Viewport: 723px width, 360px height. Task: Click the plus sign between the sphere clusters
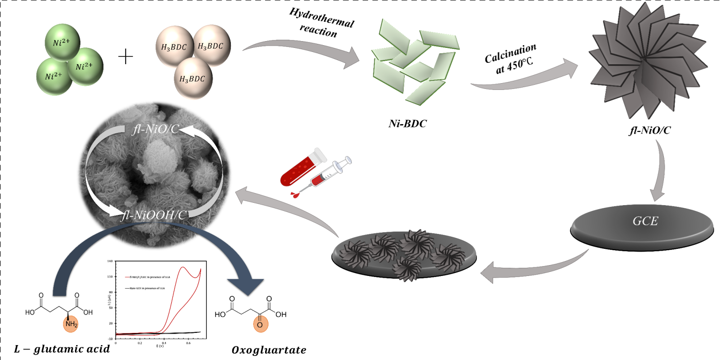pyautogui.click(x=126, y=56)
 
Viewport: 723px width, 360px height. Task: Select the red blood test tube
pyautogui.click(x=302, y=168)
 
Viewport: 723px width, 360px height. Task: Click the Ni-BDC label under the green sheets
pyautogui.click(x=407, y=124)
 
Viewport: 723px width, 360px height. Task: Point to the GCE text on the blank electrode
pyautogui.click(x=645, y=221)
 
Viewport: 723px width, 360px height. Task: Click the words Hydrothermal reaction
pyautogui.click(x=321, y=23)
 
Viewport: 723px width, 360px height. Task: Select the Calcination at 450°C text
pyautogui.click(x=511, y=59)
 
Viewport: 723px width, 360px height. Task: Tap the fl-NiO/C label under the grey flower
pyautogui.click(x=650, y=131)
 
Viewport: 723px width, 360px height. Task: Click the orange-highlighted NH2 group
pyautogui.click(x=71, y=324)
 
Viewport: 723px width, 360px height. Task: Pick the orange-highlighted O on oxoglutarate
pyautogui.click(x=260, y=324)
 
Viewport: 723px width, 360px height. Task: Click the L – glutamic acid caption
pyautogui.click(x=62, y=349)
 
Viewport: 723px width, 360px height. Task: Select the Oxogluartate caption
pyautogui.click(x=269, y=350)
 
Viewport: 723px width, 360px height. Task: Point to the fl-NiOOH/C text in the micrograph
pyautogui.click(x=154, y=215)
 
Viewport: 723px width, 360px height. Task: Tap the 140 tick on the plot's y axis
pyautogui.click(x=110, y=262)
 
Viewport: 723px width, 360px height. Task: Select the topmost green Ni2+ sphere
pyautogui.click(x=62, y=42)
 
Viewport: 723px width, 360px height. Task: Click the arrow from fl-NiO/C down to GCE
pyautogui.click(x=661, y=172)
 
